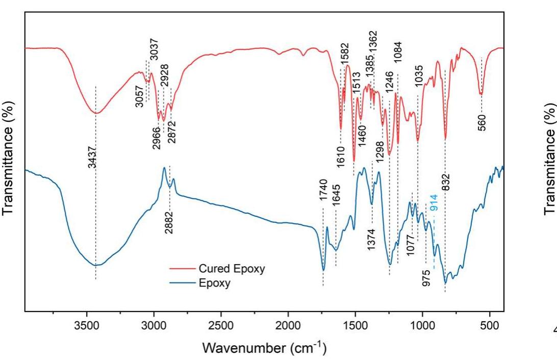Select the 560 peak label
pyautogui.click(x=483, y=122)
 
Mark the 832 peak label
pyautogui.click(x=446, y=178)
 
